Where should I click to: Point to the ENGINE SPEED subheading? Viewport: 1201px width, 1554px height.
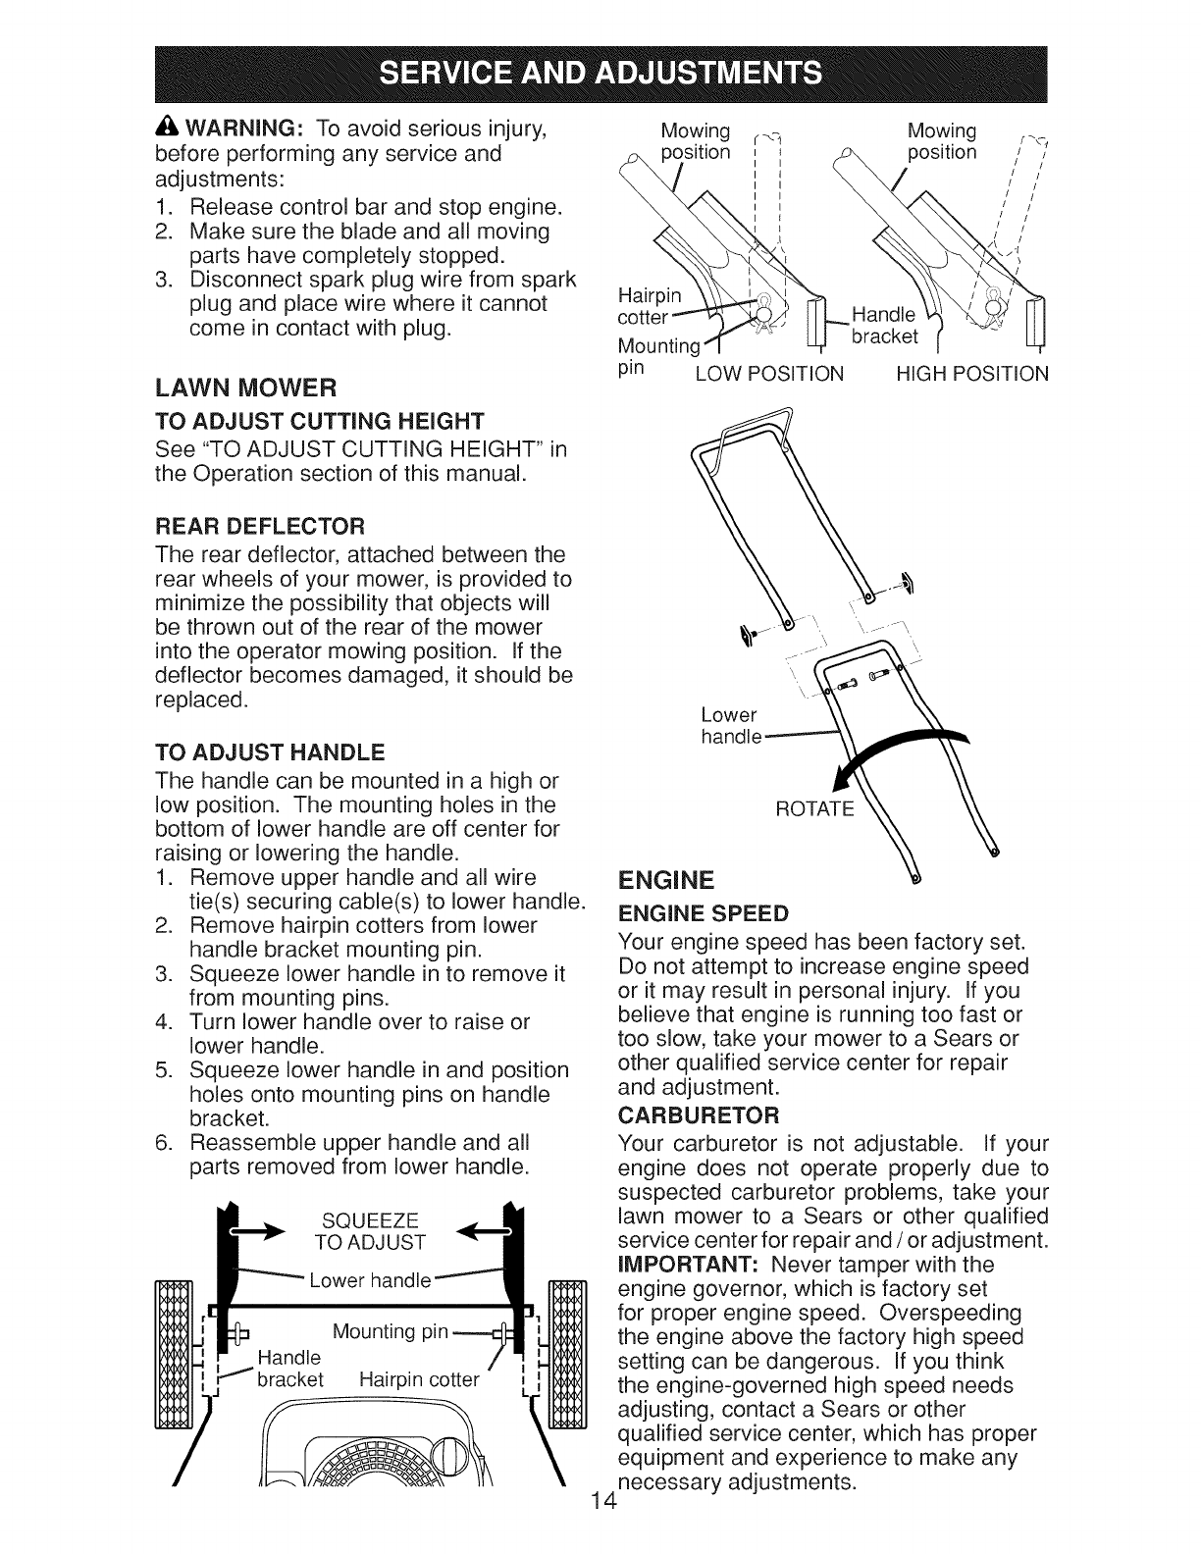[704, 914]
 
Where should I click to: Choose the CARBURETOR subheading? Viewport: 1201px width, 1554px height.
[699, 1115]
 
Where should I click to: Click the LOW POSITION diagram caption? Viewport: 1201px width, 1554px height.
[768, 374]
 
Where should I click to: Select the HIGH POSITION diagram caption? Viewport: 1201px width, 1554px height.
[972, 374]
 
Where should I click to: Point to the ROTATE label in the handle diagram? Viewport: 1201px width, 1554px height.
[814, 809]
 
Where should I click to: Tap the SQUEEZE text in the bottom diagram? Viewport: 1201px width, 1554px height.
[370, 1219]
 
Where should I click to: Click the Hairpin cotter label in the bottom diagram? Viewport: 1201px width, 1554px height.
[419, 1380]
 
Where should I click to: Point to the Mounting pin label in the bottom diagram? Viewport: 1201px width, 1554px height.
[391, 1331]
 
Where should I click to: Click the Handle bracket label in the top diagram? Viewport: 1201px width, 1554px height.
[885, 326]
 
